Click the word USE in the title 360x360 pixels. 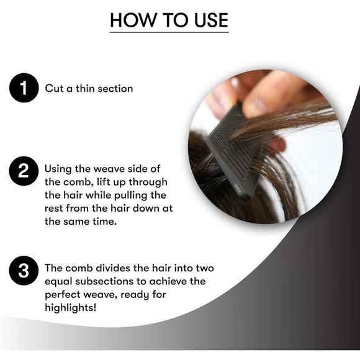(208, 20)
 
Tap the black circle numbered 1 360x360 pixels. (24, 89)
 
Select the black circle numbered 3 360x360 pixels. (24, 271)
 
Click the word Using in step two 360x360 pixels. (59, 168)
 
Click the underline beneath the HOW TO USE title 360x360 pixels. (169, 32)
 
